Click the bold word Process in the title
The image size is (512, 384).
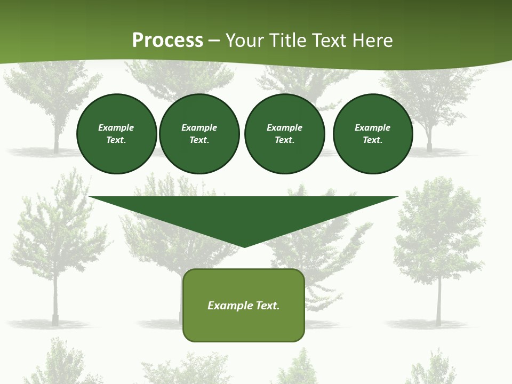[167, 41]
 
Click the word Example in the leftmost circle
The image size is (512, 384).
[116, 127]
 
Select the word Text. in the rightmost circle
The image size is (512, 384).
[373, 140]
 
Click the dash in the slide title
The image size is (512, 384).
[214, 41]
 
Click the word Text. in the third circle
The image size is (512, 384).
[284, 140]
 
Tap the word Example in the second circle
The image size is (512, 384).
[199, 127]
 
